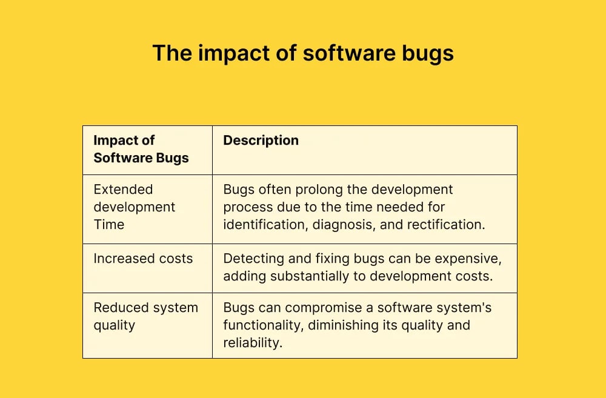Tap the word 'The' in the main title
[x=171, y=53]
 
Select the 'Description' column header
[x=261, y=141]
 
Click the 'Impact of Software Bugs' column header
[x=141, y=149]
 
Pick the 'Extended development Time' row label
[x=134, y=207]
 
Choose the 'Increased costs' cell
[x=143, y=259]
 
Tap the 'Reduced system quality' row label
[x=145, y=316]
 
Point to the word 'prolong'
[x=335, y=190]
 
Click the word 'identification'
[x=262, y=225]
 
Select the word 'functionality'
[x=262, y=325]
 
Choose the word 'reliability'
[x=252, y=343]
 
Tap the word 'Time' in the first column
[x=109, y=225]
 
